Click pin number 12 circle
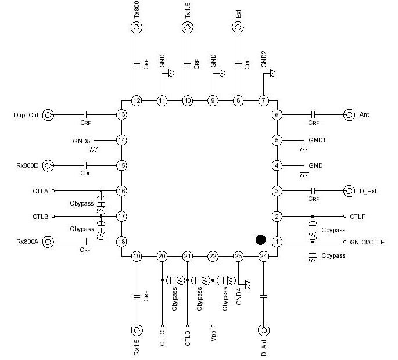(137, 100)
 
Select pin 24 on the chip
(263, 256)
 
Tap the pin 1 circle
(277, 242)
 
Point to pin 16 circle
(121, 190)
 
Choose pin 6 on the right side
(277, 114)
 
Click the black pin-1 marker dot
(261, 239)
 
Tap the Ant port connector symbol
(349, 114)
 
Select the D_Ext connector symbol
(349, 190)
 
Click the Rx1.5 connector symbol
(137, 330)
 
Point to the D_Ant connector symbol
(263, 330)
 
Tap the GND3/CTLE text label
(367, 242)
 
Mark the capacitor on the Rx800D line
(85, 165)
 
